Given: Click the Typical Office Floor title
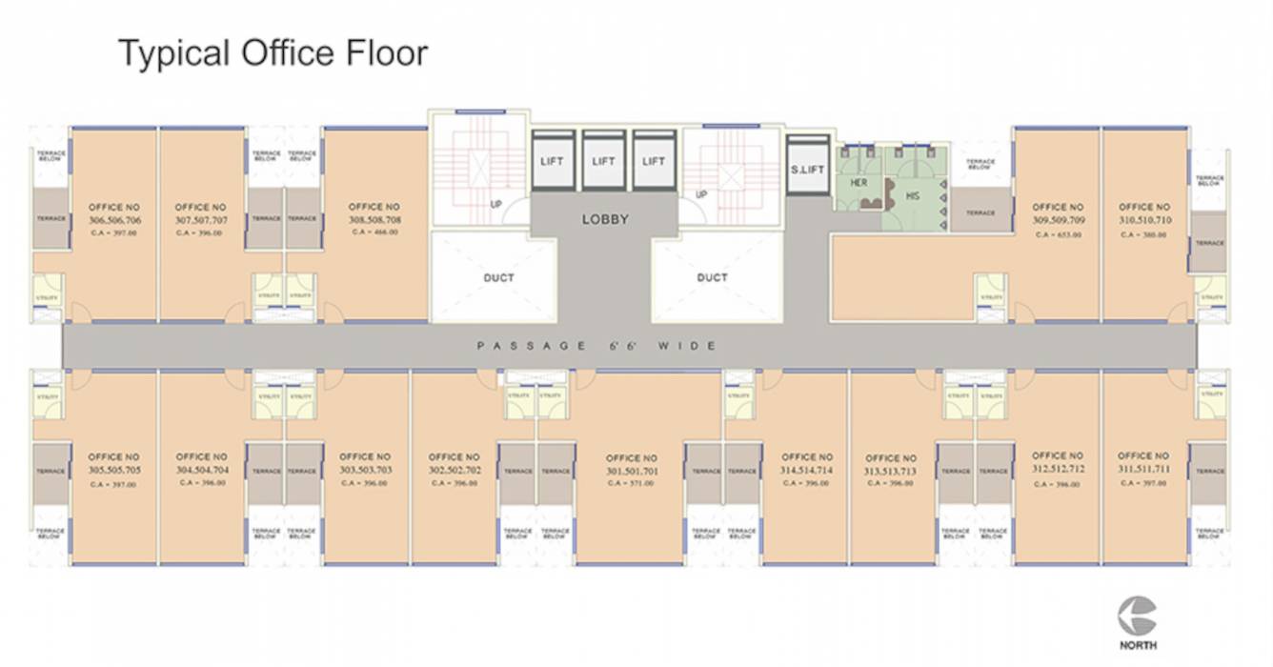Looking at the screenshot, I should (x=273, y=53).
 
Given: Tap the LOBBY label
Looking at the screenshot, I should (x=605, y=219).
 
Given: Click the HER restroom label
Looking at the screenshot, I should (x=859, y=182).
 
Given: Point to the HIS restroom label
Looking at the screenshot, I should (x=912, y=195).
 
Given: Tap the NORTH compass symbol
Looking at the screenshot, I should (x=1138, y=616).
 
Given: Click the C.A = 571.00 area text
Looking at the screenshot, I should (x=630, y=484).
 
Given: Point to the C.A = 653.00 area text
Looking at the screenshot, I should (x=1058, y=233).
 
